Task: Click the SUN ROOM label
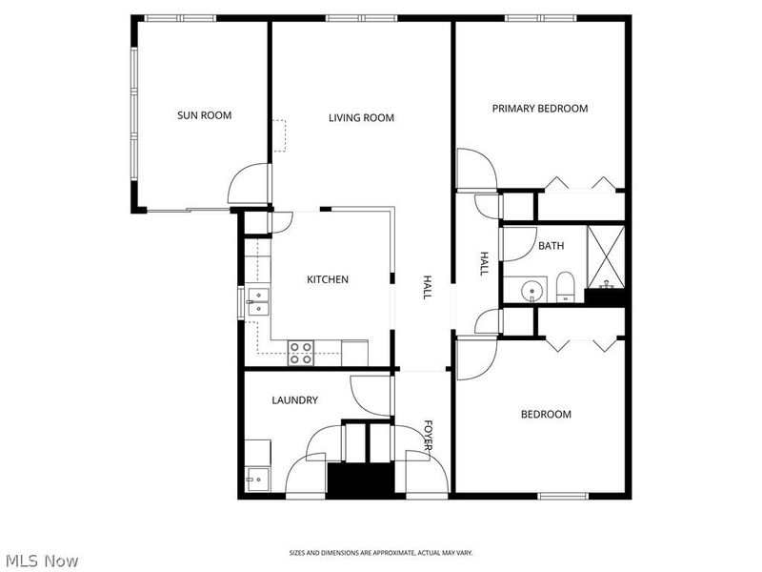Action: coord(204,115)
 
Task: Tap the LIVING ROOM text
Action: coord(361,118)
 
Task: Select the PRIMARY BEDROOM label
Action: coord(539,109)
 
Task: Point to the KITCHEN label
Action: coord(327,279)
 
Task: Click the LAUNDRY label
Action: coord(294,400)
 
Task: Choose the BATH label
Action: coord(551,245)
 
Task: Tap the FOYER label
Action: coord(430,437)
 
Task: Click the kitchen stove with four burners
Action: coord(302,353)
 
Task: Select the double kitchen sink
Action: coord(258,301)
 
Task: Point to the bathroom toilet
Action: coord(565,287)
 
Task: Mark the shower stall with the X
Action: coord(605,255)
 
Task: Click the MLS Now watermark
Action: coord(42,561)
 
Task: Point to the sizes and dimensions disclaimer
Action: coord(381,553)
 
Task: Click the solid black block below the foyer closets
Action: coord(360,479)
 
